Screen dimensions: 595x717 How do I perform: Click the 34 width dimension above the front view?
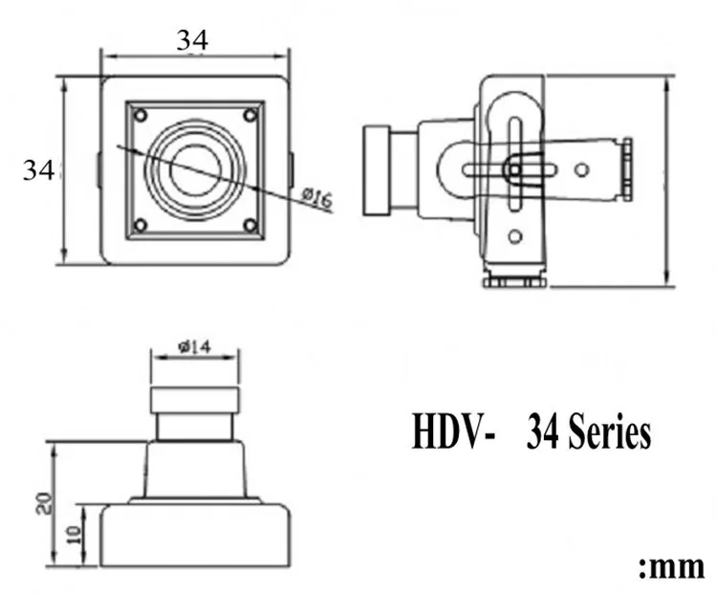click(192, 40)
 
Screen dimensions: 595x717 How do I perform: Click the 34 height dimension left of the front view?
click(38, 170)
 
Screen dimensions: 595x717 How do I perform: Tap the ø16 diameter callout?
click(316, 197)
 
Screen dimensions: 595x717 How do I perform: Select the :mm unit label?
click(671, 564)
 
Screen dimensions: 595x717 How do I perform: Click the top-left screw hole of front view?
click(141, 116)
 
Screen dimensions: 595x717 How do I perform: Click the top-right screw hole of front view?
click(250, 116)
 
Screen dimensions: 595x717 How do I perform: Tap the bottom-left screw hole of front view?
click(141, 226)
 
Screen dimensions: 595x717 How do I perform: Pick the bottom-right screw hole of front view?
click(250, 226)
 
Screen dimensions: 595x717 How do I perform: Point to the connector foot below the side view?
click(512, 280)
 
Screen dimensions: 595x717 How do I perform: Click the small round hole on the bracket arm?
click(578, 169)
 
